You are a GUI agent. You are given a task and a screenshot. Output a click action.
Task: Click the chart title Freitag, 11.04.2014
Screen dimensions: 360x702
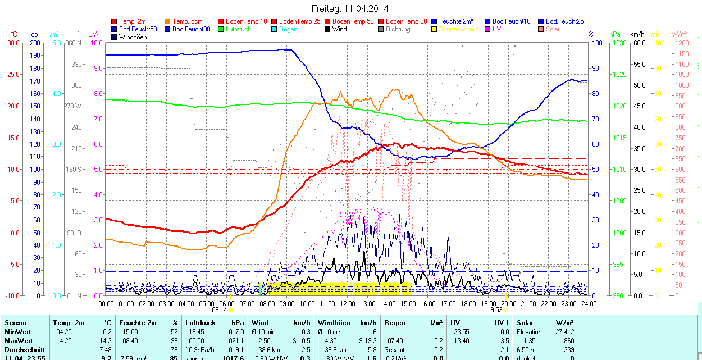point(350,8)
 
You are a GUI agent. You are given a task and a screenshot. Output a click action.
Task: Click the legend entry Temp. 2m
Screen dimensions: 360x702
point(132,21)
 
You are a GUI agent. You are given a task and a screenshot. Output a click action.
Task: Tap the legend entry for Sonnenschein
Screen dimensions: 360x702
point(458,29)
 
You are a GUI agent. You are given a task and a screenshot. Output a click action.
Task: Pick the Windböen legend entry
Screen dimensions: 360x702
point(133,37)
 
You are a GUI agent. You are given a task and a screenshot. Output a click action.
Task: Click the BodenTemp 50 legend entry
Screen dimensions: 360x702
point(353,21)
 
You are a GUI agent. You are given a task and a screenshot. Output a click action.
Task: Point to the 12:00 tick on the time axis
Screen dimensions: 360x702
point(348,304)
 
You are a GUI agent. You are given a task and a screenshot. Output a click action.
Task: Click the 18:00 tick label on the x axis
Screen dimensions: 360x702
point(468,304)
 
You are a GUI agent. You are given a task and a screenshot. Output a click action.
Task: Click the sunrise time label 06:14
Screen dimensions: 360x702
point(220,309)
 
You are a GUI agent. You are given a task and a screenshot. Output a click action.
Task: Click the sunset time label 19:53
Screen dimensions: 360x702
point(494,309)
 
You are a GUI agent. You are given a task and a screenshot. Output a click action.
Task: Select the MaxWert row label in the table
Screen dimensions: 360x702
point(18,341)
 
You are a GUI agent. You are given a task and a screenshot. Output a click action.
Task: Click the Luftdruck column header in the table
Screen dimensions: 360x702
point(200,323)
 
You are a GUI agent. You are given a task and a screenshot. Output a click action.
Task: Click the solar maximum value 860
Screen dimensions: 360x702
point(569,341)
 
